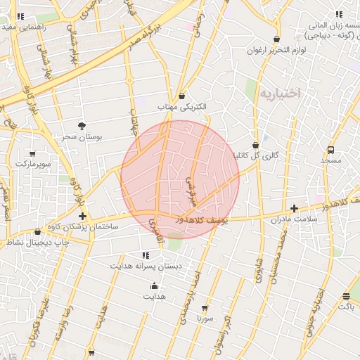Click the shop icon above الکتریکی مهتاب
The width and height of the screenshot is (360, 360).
[x=182, y=96]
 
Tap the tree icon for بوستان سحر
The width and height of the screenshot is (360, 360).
[x=83, y=126]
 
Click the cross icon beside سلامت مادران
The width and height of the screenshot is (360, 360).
[x=294, y=208]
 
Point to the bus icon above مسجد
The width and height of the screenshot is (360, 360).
[x=330, y=150]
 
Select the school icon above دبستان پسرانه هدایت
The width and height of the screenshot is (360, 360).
[x=146, y=255]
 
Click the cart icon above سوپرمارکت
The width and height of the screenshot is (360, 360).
[x=32, y=153]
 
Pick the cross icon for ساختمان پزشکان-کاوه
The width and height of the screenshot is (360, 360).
[x=83, y=216]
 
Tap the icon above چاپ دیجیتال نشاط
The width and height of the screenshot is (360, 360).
[x=37, y=231]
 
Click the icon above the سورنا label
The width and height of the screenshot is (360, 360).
[x=205, y=308]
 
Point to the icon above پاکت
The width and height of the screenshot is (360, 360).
[x=345, y=296]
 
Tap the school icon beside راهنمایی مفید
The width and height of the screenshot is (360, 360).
[x=20, y=15]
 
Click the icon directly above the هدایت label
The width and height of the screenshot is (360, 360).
[x=154, y=285]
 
